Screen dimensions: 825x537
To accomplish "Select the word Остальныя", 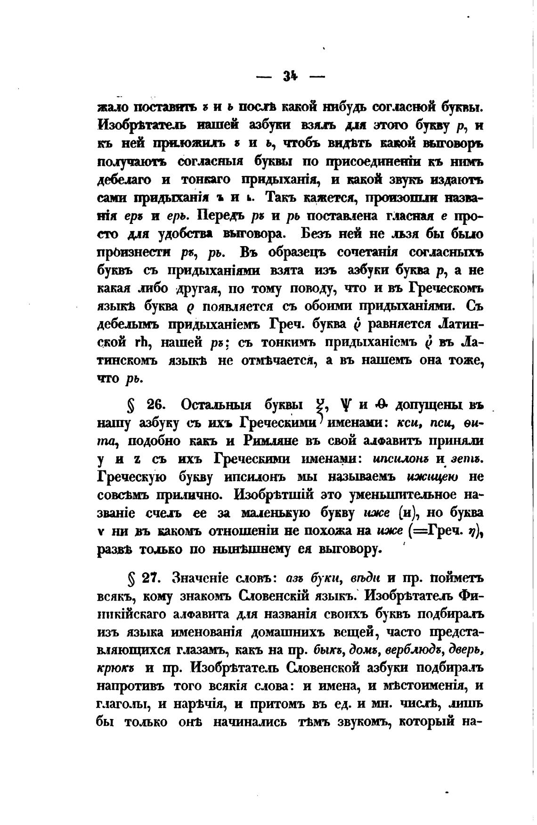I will [216, 405].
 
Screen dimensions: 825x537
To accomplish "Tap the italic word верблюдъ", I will [413, 650].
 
